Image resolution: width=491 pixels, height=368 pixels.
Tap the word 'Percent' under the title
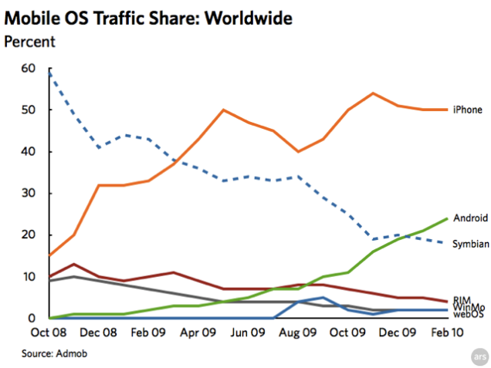click(x=30, y=41)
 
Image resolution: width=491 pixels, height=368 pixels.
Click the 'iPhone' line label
click(x=468, y=110)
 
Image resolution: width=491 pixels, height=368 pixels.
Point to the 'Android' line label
click(x=469, y=218)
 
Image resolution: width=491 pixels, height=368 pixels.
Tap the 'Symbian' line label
click(x=469, y=243)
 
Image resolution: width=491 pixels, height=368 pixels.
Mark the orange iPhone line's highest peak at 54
click(x=373, y=93)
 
